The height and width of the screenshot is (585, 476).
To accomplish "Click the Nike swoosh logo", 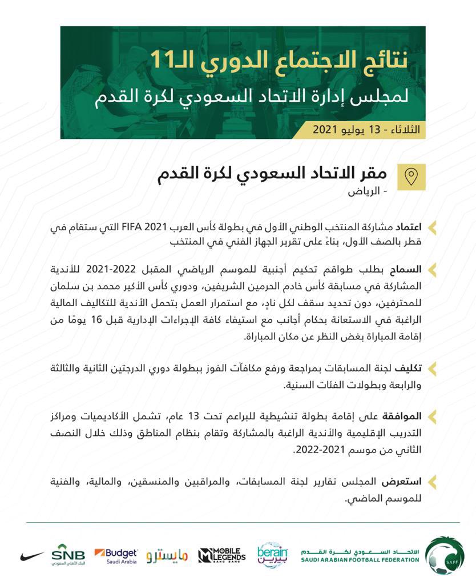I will pos(31,555).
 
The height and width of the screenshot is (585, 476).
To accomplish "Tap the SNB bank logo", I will pos(68,554).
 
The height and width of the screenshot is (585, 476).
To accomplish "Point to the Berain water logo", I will pos(272,555).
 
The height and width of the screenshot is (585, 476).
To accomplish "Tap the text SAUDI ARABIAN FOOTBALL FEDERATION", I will pos(360,560).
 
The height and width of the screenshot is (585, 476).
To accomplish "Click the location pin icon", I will pos(414,177).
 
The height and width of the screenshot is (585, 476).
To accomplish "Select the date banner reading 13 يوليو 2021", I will pos(365,130).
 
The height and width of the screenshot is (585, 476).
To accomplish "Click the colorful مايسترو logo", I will pos(167,555).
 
